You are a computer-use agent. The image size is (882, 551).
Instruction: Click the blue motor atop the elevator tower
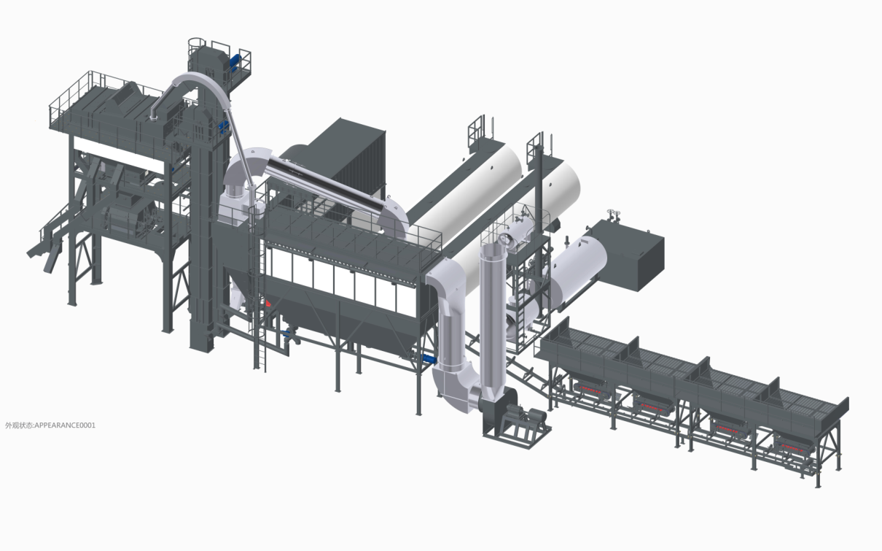point(237,61)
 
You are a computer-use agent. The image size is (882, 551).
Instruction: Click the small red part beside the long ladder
point(268,301)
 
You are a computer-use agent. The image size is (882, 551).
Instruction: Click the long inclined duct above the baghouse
point(321,180)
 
